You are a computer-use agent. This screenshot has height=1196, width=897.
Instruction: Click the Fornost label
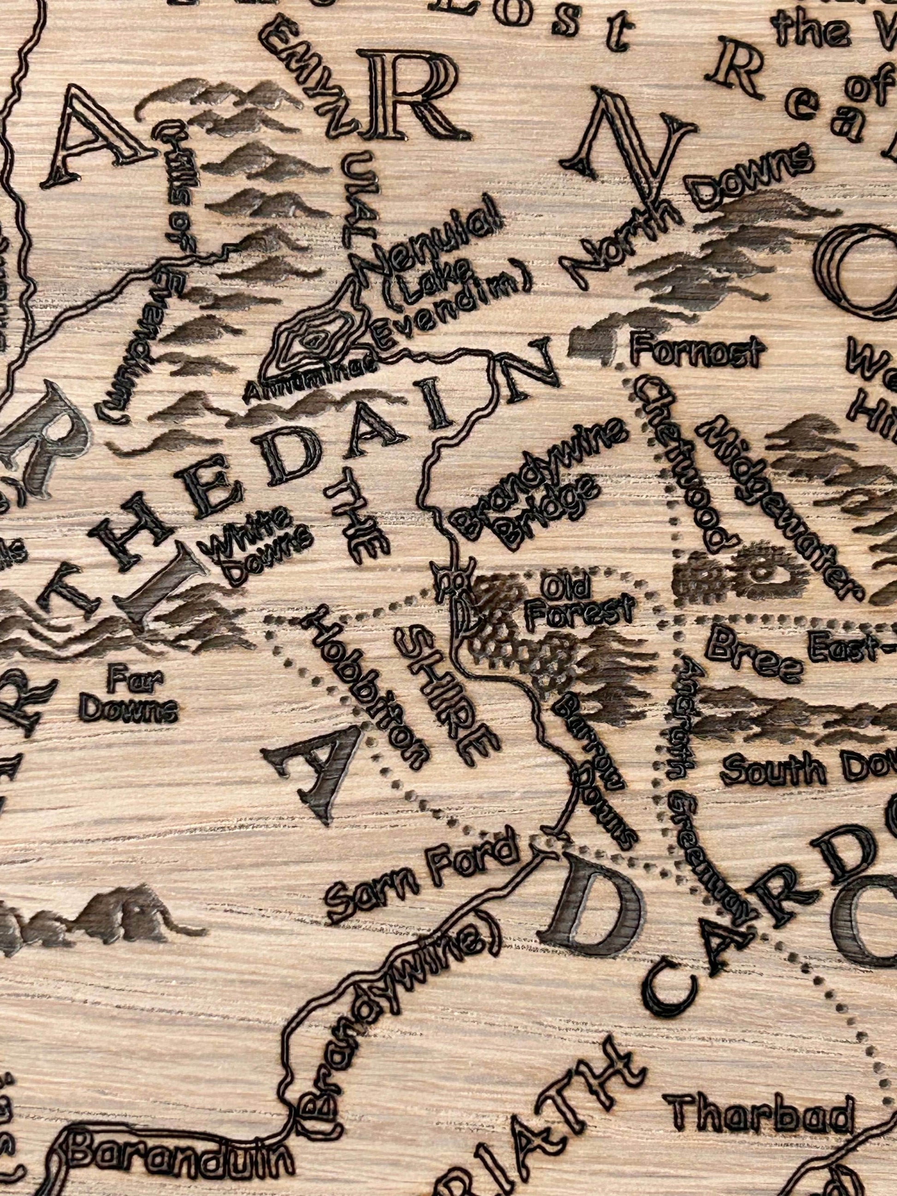[x=697, y=353]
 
